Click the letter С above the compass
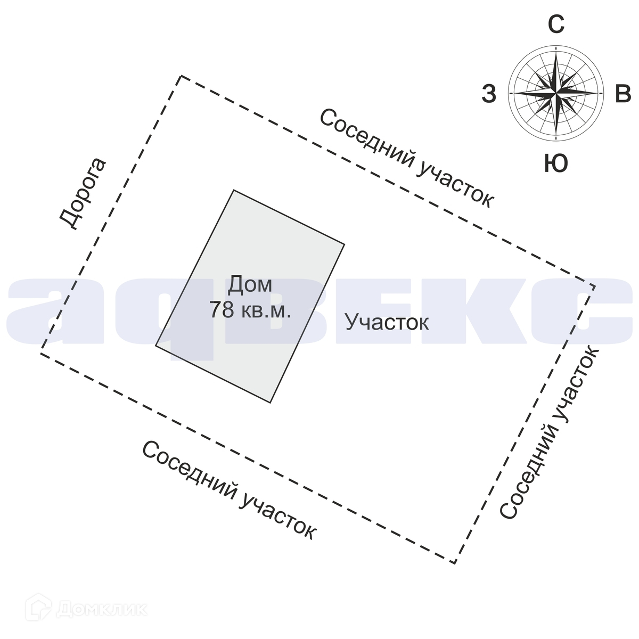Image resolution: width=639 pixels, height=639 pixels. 556,24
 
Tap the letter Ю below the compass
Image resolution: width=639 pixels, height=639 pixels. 556,163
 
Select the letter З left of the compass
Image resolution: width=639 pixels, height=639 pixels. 489,94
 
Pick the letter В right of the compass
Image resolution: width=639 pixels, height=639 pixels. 622,94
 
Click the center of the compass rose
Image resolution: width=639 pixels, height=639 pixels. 556,93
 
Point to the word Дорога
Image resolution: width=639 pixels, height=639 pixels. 83,194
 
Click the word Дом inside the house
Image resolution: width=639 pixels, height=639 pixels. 250,285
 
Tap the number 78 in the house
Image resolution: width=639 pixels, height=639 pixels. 222,310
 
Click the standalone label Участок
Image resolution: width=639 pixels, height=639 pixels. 387,322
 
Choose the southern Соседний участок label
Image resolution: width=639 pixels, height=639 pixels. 229,490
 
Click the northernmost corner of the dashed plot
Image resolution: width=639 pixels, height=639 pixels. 181,76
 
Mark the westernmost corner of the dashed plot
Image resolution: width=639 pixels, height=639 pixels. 42,353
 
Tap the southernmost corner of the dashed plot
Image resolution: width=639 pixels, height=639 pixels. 454,562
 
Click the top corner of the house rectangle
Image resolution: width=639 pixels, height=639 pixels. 234,190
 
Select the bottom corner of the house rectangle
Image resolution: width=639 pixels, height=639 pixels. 271,402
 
